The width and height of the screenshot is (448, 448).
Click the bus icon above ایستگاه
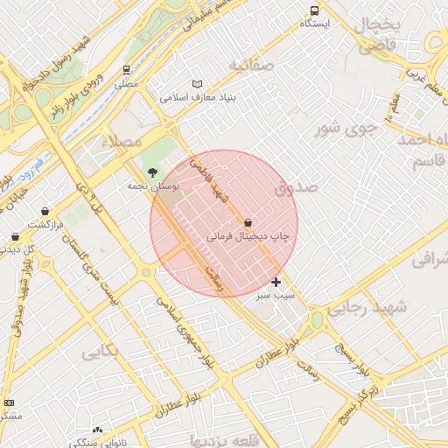314,10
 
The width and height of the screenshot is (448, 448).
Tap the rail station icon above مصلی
127,70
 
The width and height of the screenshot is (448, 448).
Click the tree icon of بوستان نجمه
153,172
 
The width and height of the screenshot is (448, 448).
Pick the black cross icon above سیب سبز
276,282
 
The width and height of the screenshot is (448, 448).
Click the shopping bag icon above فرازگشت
45,211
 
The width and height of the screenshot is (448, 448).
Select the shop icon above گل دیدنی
15,236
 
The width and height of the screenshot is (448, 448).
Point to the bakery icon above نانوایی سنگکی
97,430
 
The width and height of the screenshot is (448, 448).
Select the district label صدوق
293,187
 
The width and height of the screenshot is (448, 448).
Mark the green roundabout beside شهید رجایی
317,321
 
